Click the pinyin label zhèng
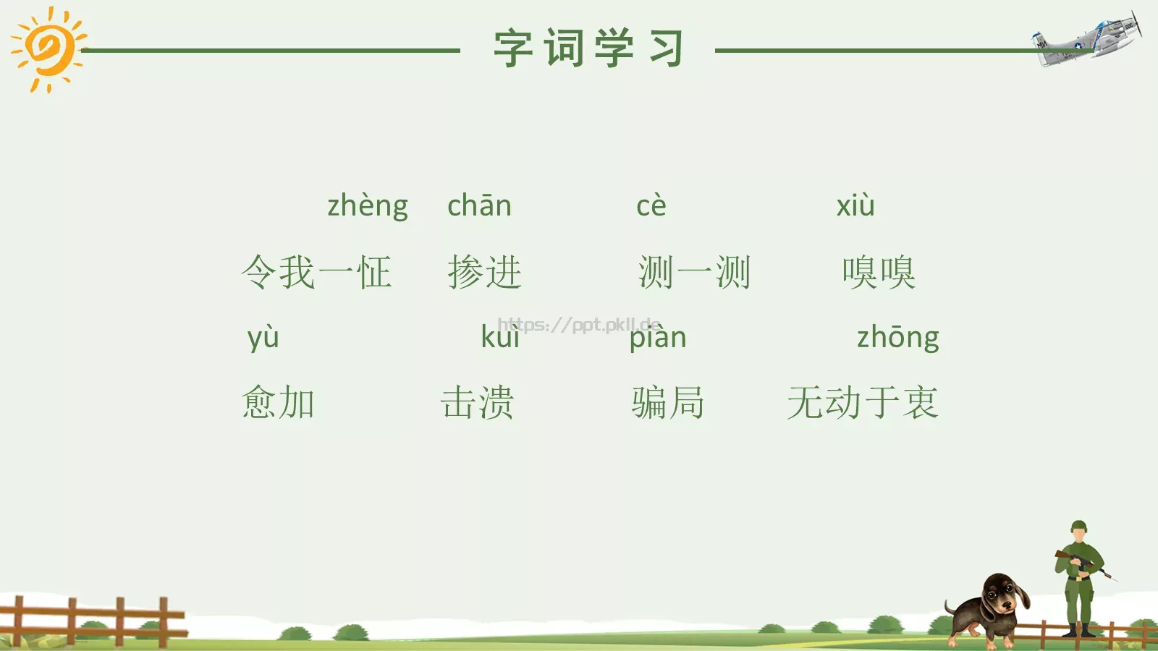coord(367,206)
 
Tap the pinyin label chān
coord(479,206)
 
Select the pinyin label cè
coord(651,206)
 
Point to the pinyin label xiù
coord(855,206)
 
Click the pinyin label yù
coord(263,338)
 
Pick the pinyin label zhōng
coord(897,338)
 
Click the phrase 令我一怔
coord(316,273)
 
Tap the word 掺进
coord(484,273)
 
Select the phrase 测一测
coord(694,273)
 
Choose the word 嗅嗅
coord(879,273)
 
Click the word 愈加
coord(279,403)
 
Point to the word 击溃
coord(477,403)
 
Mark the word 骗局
coord(667,403)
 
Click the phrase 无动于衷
coord(863,403)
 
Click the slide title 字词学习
coord(588,49)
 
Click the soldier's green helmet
coord(1078,526)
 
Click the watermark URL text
coord(579,325)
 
